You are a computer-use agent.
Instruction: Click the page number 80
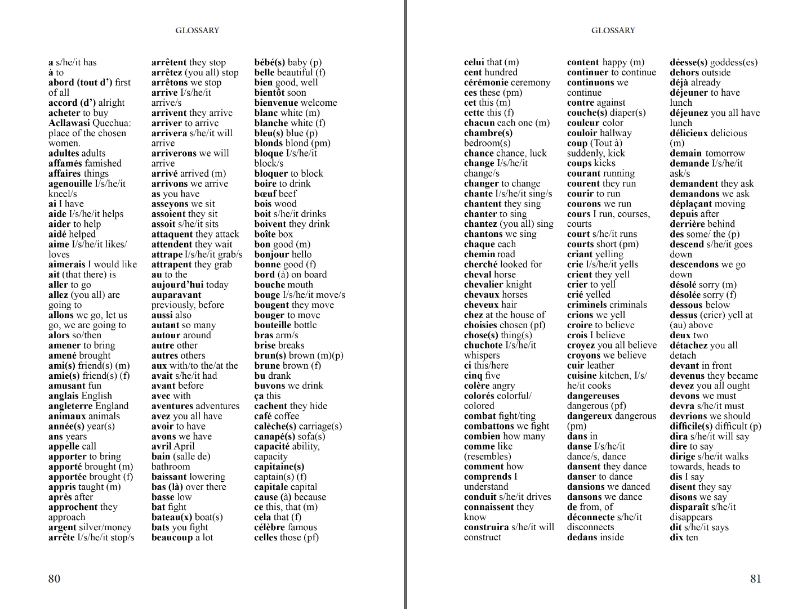pyautogui.click(x=54, y=579)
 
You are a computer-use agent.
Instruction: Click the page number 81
pyautogui.click(x=756, y=579)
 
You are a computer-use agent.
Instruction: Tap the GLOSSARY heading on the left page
pyautogui.click(x=197, y=30)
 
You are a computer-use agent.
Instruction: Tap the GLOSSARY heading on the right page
pyautogui.click(x=613, y=30)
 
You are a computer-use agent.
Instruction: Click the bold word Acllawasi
pyautogui.click(x=69, y=123)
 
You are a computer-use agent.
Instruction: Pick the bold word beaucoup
pyautogui.click(x=172, y=538)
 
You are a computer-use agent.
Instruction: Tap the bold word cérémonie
pyautogui.click(x=488, y=82)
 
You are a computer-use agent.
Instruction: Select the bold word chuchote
pyautogui.click(x=483, y=345)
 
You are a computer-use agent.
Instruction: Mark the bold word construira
pyautogui.click(x=486, y=527)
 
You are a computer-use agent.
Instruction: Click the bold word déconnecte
pyautogui.click(x=591, y=517)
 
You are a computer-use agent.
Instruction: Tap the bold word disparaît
pyautogui.click(x=689, y=507)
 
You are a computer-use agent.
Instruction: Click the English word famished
pyautogui.click(x=103, y=163)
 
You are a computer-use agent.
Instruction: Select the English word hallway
pyautogui.click(x=616, y=133)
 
